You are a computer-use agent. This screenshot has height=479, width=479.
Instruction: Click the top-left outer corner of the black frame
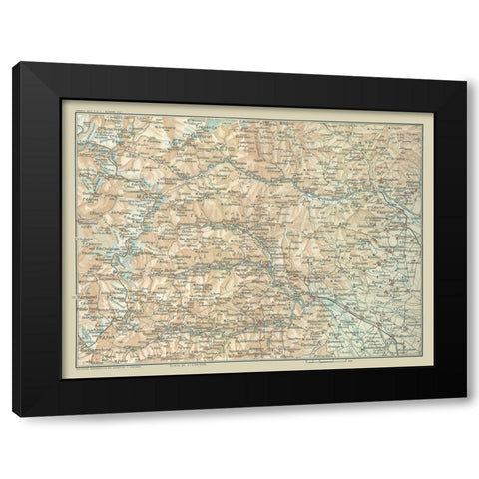pyautogui.click(x=13, y=63)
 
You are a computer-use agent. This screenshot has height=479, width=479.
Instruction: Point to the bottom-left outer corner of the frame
pyautogui.click(x=13, y=416)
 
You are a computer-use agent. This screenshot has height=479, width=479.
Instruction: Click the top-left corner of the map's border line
pyautogui.click(x=74, y=112)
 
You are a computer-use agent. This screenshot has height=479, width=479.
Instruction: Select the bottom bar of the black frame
pyautogui.click(x=239, y=393)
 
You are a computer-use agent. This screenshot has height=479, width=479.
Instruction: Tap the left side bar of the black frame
pyautogui.click(x=37, y=239)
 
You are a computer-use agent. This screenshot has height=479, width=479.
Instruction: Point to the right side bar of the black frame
pyautogui.click(x=447, y=239)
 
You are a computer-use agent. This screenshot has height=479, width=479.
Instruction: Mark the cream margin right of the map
pyautogui.click(x=427, y=239)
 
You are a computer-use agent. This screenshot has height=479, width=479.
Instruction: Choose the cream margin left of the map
pyautogui.click(x=68, y=239)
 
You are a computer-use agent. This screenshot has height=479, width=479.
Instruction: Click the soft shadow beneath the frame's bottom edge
pyautogui.click(x=239, y=412)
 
